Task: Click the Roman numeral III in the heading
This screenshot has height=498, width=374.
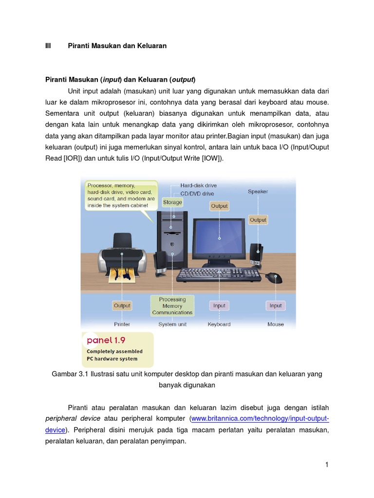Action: (48, 46)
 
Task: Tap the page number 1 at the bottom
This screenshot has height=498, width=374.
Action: (327, 464)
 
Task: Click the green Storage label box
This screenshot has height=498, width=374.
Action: (172, 202)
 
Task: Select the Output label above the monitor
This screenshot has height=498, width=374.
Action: (219, 206)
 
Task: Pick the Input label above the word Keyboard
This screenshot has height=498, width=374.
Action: (219, 305)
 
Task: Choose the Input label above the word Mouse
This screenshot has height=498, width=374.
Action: (276, 305)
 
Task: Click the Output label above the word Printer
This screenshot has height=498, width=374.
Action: (122, 305)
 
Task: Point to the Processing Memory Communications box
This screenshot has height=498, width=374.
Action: (172, 306)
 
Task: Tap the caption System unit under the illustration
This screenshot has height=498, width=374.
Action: (172, 324)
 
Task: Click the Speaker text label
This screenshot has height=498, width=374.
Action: (258, 192)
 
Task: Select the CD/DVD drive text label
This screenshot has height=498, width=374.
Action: (197, 194)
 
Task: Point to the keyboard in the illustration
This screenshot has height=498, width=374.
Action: (219, 275)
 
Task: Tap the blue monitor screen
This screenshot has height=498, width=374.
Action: (220, 237)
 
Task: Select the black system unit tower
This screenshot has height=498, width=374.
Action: (171, 238)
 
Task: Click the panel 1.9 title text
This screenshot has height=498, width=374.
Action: (106, 340)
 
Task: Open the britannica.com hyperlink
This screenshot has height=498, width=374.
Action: (260, 418)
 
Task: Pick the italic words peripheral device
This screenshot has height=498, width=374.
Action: (73, 418)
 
